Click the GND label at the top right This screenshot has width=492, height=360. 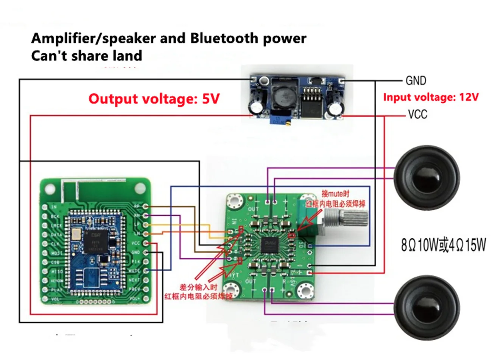click(x=416, y=81)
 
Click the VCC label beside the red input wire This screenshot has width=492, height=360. click(x=417, y=114)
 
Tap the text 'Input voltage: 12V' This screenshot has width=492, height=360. click(x=431, y=97)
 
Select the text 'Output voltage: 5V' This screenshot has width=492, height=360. click(x=154, y=99)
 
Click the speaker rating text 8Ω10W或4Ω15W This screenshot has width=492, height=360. click(x=443, y=245)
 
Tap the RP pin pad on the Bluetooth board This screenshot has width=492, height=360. click(x=145, y=206)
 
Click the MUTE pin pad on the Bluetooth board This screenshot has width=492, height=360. click(x=145, y=271)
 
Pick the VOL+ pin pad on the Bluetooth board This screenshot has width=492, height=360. click(x=145, y=298)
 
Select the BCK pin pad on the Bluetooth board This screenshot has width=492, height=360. click(x=45, y=216)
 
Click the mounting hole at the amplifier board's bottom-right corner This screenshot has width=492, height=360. click(x=305, y=290)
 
